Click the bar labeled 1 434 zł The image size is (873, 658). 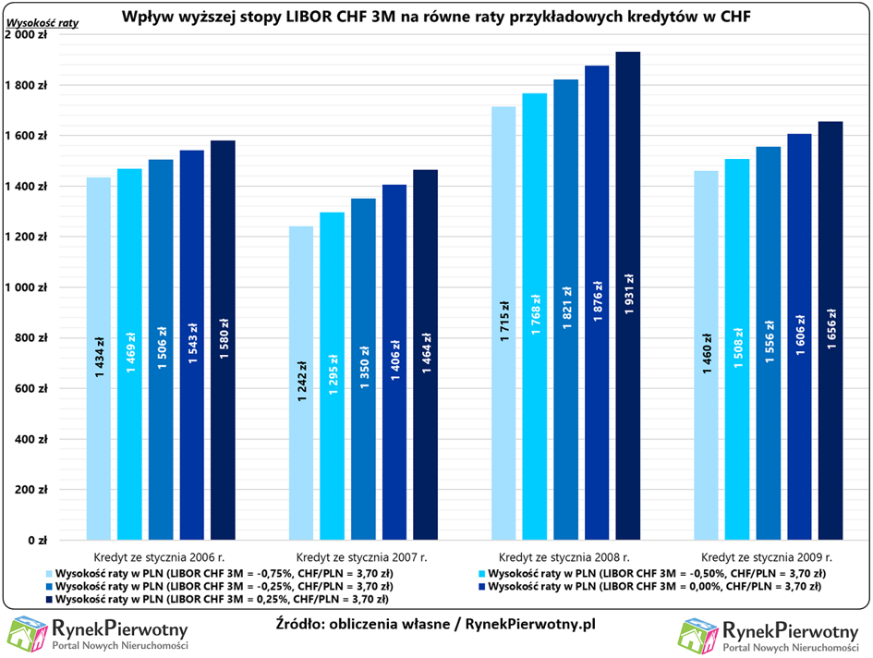tap(99, 359)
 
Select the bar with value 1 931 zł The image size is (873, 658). tap(628, 296)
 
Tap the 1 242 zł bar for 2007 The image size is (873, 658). tap(301, 383)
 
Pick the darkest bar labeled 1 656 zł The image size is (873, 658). tap(831, 331)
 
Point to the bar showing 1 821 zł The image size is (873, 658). tap(565, 310)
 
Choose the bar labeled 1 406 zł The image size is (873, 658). tap(394, 362)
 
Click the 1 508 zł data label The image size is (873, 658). tap(738, 347)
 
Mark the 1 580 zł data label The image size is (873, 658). tap(224, 338)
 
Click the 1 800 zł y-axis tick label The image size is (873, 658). tap(26, 85)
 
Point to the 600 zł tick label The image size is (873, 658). tap(30, 388)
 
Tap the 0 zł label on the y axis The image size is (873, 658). tap(37, 540)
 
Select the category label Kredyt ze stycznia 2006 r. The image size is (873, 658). tap(159, 556)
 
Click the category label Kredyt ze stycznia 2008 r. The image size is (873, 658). tap(564, 556)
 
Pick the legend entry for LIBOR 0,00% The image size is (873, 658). tap(649, 586)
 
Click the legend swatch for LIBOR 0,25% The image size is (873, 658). tap(49, 600)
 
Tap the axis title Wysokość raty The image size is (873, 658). tap(42, 23)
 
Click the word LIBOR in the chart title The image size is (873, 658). tap(309, 16)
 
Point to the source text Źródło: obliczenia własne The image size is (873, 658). tap(362, 624)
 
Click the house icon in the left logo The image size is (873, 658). tap(28, 634)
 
